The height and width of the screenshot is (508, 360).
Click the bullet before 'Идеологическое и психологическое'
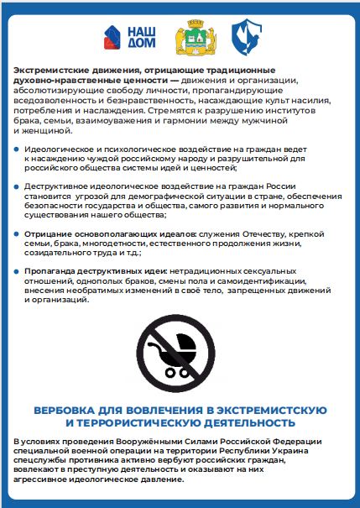17,149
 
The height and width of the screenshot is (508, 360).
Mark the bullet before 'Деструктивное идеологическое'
17,186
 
